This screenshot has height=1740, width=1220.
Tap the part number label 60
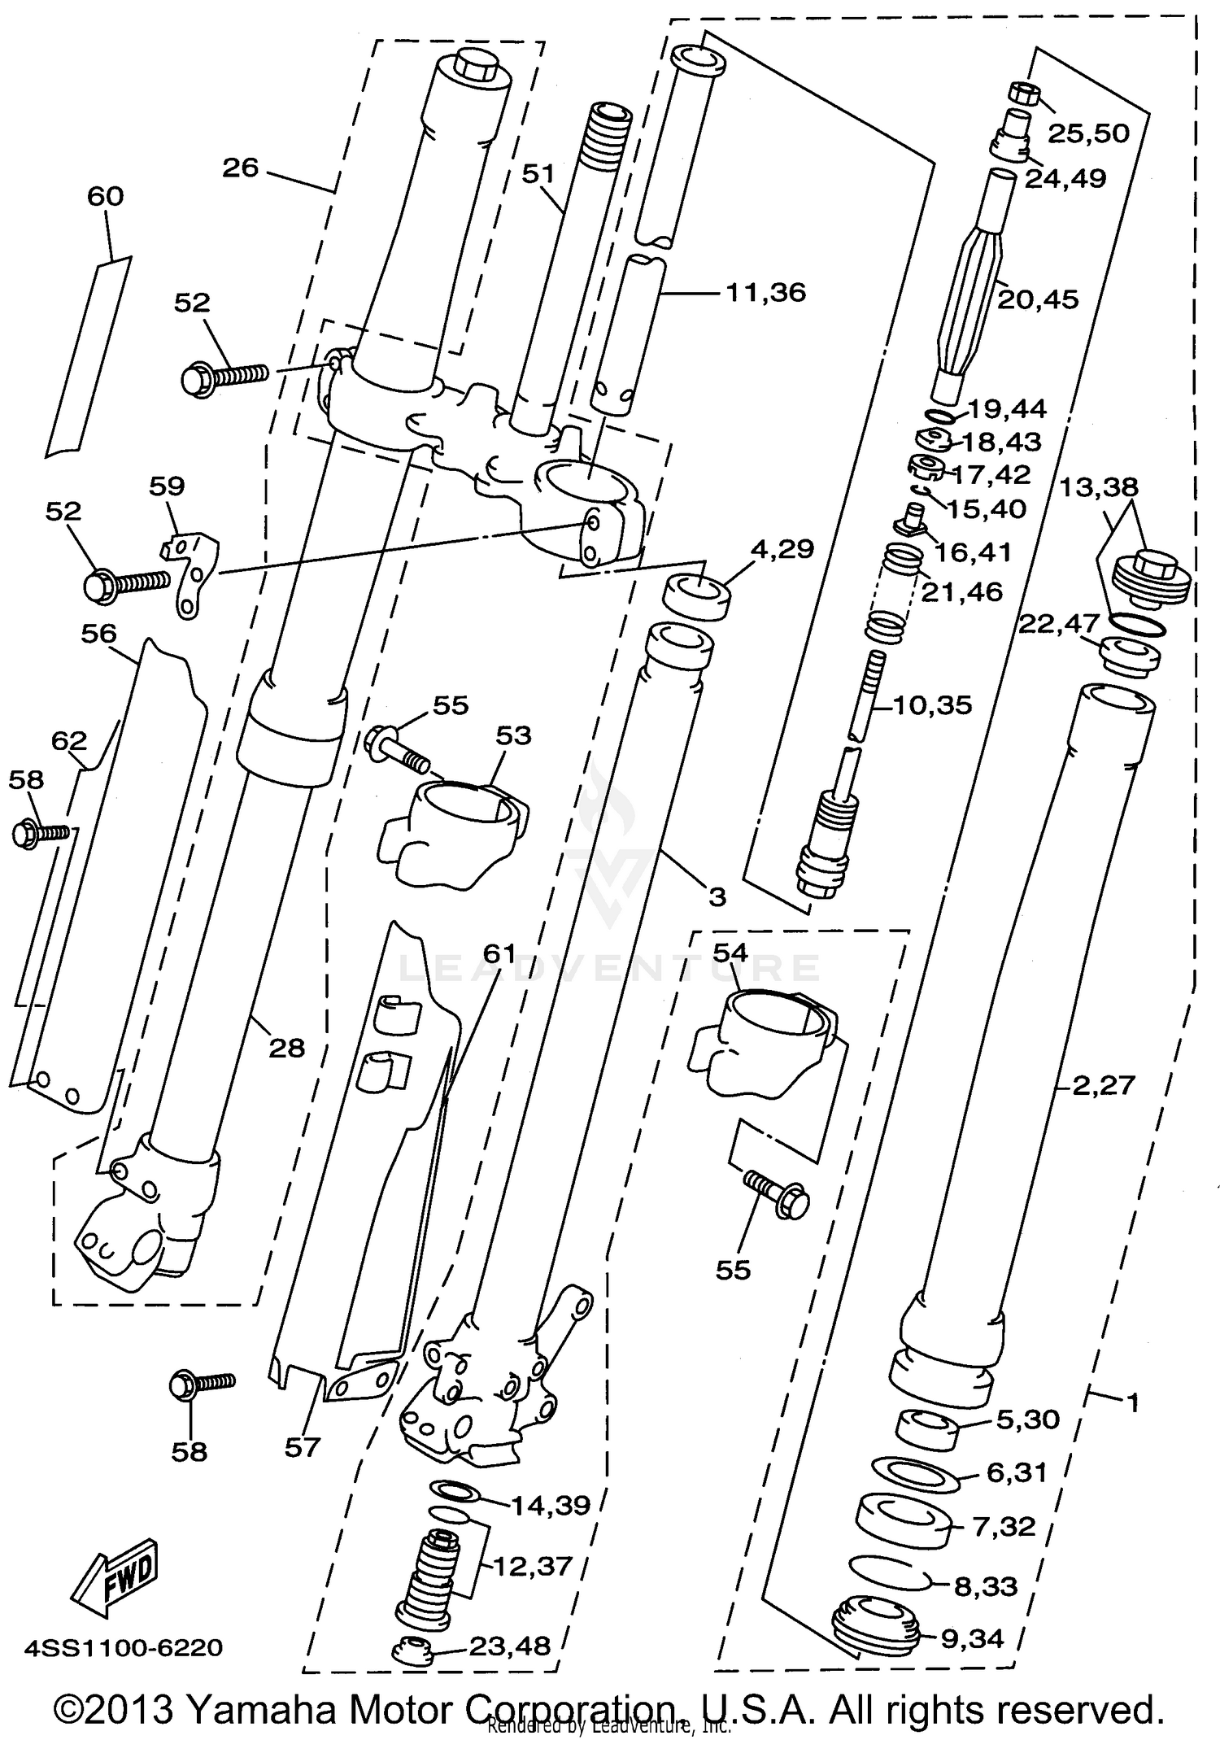pyautogui.click(x=105, y=197)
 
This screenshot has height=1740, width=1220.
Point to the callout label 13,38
pyautogui.click(x=1098, y=487)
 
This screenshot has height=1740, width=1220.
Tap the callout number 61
pyautogui.click(x=499, y=953)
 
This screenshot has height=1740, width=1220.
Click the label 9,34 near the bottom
pyautogui.click(x=972, y=1638)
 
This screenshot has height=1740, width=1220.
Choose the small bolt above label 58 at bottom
pyautogui.click(x=199, y=1384)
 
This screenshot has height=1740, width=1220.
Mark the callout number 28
pyautogui.click(x=286, y=1048)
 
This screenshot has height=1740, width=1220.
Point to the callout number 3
pyautogui.click(x=716, y=896)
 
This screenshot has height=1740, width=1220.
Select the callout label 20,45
pyautogui.click(x=1038, y=299)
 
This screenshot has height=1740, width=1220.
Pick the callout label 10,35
pyautogui.click(x=932, y=704)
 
